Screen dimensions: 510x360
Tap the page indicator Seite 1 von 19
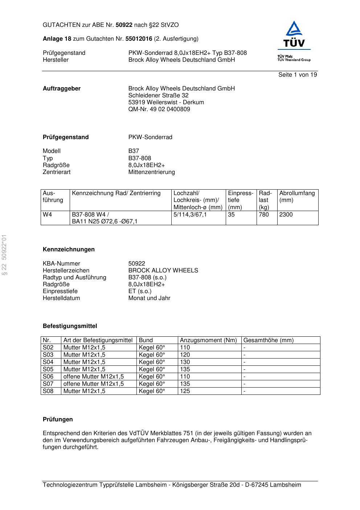tap(298, 75)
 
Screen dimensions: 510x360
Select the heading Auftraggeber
tap(62, 89)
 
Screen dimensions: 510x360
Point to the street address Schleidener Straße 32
tap(158, 96)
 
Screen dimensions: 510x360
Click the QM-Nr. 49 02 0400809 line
tap(159, 109)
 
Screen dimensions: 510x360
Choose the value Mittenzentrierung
tap(151, 172)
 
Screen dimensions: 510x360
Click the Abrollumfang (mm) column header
tap(297, 197)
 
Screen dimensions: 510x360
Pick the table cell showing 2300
tap(286, 215)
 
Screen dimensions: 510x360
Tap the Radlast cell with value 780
tap(264, 215)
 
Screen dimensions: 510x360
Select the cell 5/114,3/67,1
tap(190, 215)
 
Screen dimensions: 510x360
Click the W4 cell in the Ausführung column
tap(48, 215)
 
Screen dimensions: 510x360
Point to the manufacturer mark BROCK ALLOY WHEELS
tap(163, 271)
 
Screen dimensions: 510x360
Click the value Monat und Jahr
tap(149, 298)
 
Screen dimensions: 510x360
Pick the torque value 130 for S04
tap(185, 362)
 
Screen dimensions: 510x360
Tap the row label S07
tap(48, 384)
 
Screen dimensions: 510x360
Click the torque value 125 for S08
tap(185, 391)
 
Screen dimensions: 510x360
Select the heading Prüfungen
tap(58, 420)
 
